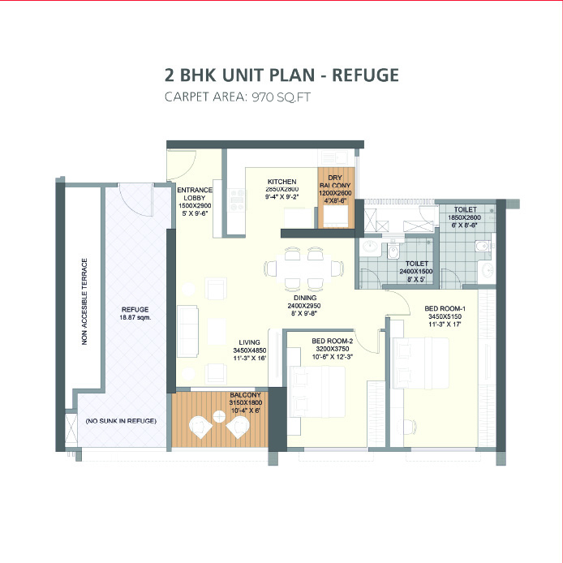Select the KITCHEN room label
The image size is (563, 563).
pos(281,181)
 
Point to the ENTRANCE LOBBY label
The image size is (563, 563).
pos(195,196)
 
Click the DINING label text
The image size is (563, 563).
pos(305,297)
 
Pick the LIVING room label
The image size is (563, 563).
pos(249,342)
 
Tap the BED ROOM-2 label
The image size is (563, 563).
pos(331,342)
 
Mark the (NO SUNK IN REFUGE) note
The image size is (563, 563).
pos(120,421)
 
